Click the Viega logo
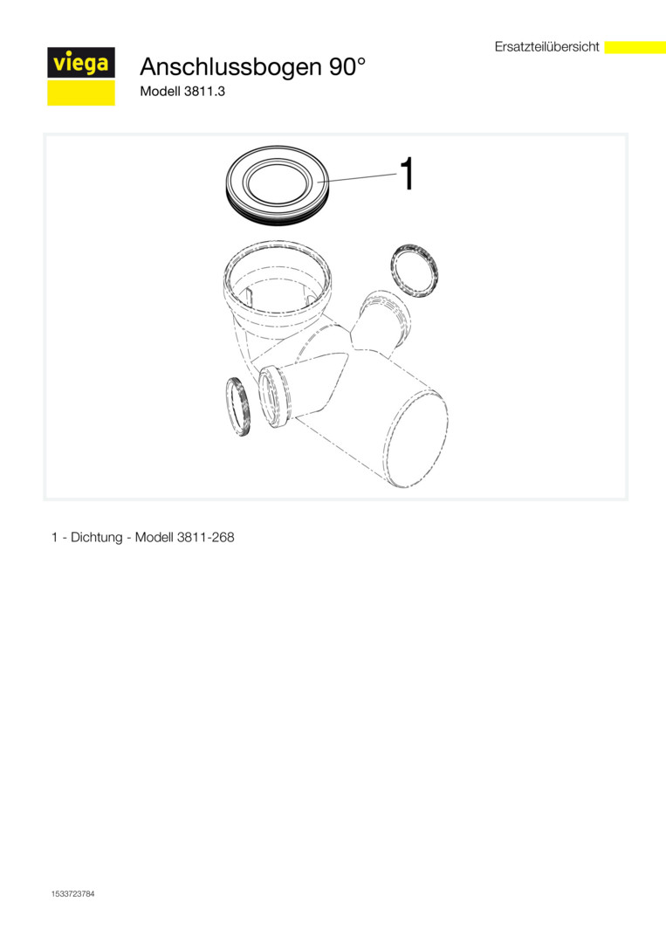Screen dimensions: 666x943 (81, 76)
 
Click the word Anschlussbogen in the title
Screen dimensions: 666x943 (230, 66)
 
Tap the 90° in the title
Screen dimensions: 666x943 (347, 65)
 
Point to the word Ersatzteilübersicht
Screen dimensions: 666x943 (547, 47)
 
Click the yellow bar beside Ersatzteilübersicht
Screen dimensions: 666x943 (635, 47)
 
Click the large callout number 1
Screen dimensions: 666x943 (407, 174)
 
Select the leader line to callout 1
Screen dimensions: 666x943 (357, 178)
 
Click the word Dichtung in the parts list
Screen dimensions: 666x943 (96, 537)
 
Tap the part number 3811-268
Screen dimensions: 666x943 (206, 537)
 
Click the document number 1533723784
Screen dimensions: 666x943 (72, 894)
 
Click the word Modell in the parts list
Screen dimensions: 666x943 (154, 537)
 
